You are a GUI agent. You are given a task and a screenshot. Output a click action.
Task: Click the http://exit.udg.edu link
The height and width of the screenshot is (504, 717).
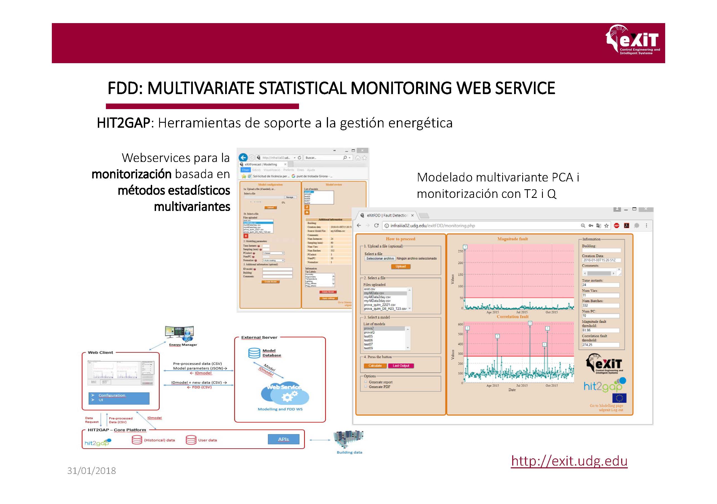click(569, 461)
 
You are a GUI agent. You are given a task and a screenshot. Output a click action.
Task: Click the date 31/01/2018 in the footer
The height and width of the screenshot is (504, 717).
click(91, 471)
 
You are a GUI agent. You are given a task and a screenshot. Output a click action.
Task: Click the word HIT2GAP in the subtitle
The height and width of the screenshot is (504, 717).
click(124, 123)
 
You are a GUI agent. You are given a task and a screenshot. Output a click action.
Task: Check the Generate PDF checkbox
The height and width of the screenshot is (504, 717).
click(366, 387)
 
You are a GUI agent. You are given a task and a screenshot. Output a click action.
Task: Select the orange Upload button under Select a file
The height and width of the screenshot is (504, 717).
click(400, 266)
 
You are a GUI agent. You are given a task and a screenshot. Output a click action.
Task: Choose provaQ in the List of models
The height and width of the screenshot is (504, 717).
click(369, 333)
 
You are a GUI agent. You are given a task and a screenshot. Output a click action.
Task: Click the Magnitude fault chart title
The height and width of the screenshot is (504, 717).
click(512, 239)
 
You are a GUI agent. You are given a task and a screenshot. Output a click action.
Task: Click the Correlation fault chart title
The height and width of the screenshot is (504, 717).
click(512, 316)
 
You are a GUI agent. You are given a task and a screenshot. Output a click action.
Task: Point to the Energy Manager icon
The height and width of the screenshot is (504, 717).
click(180, 334)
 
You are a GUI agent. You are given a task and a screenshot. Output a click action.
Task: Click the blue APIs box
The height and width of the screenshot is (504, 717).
click(283, 439)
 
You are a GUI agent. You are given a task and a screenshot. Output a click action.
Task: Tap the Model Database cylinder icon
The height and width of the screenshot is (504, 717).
click(254, 353)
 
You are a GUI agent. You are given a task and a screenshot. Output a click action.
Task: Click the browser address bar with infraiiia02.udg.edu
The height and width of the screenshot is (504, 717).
click(481, 225)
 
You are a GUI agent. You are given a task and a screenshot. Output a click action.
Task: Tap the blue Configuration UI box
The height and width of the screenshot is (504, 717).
click(119, 398)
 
